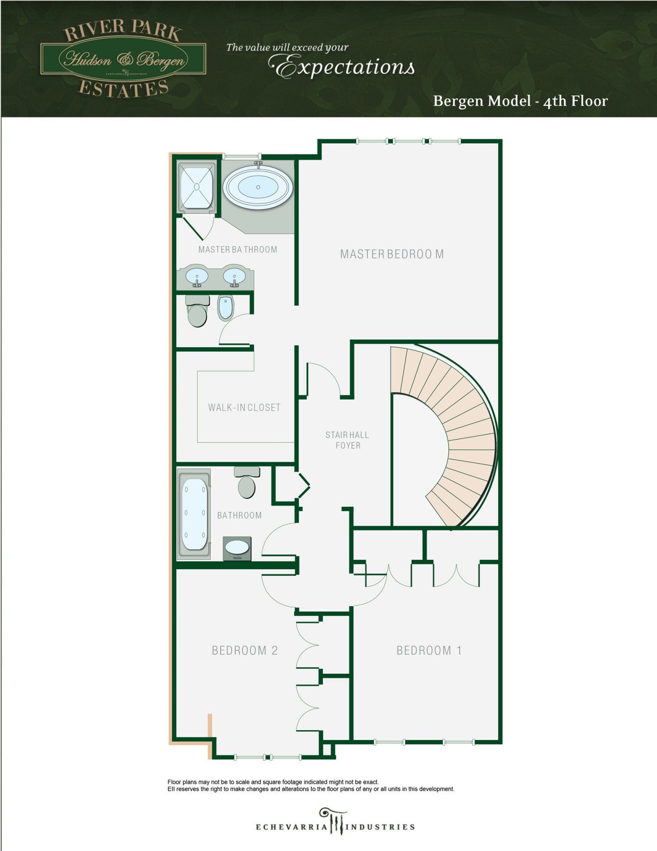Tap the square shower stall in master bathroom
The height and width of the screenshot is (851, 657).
click(x=196, y=188)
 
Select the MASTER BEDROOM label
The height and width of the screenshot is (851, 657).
click(x=392, y=254)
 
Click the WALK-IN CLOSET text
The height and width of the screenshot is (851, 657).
click(x=244, y=408)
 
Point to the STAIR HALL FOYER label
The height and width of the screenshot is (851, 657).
click(x=348, y=440)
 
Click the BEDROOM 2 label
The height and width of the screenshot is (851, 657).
click(x=245, y=651)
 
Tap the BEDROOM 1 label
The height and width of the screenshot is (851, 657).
click(x=429, y=651)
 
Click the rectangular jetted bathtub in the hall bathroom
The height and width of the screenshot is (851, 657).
click(x=194, y=514)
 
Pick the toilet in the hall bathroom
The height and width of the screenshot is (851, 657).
click(x=247, y=482)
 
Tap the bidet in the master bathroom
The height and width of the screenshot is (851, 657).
click(x=225, y=307)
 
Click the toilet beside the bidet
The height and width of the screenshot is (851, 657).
click(x=197, y=311)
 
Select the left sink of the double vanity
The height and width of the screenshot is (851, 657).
click(x=196, y=276)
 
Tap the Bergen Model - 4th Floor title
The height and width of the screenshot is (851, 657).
click(x=520, y=101)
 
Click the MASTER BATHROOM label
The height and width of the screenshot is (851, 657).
click(x=238, y=250)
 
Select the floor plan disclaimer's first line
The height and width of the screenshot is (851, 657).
click(x=273, y=782)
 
